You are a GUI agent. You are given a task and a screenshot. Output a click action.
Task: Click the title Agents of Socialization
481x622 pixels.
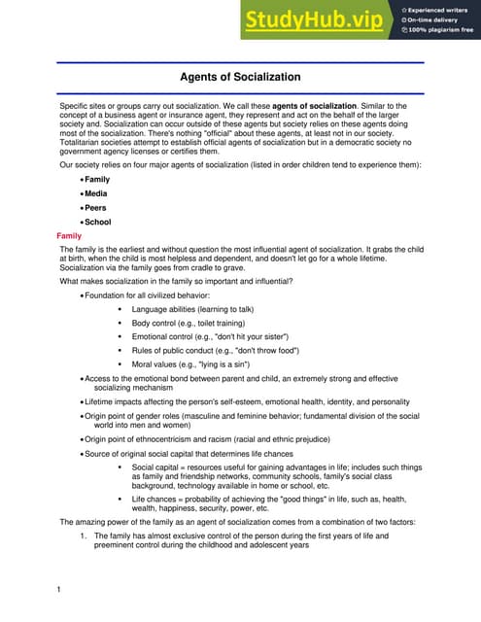pos(240,77)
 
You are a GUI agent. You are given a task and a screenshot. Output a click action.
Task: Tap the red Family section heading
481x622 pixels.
pos(69,236)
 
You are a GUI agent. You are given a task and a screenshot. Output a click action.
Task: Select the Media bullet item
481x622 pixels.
pos(96,193)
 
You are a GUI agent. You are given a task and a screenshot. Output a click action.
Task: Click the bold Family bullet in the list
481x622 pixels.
pos(97,180)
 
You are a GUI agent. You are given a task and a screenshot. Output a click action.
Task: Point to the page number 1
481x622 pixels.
pos(59,590)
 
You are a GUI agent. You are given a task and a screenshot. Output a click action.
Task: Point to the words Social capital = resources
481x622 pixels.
pos(185,467)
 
